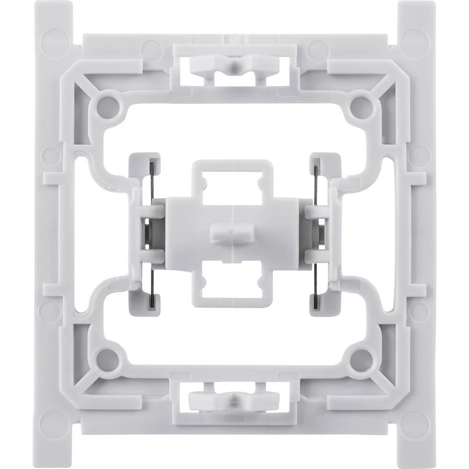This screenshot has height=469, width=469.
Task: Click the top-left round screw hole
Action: (107, 104)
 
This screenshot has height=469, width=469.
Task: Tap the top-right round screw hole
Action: (362, 104)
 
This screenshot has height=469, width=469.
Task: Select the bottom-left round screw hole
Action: (107, 359)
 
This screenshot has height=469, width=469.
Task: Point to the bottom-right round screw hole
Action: (362, 359)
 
